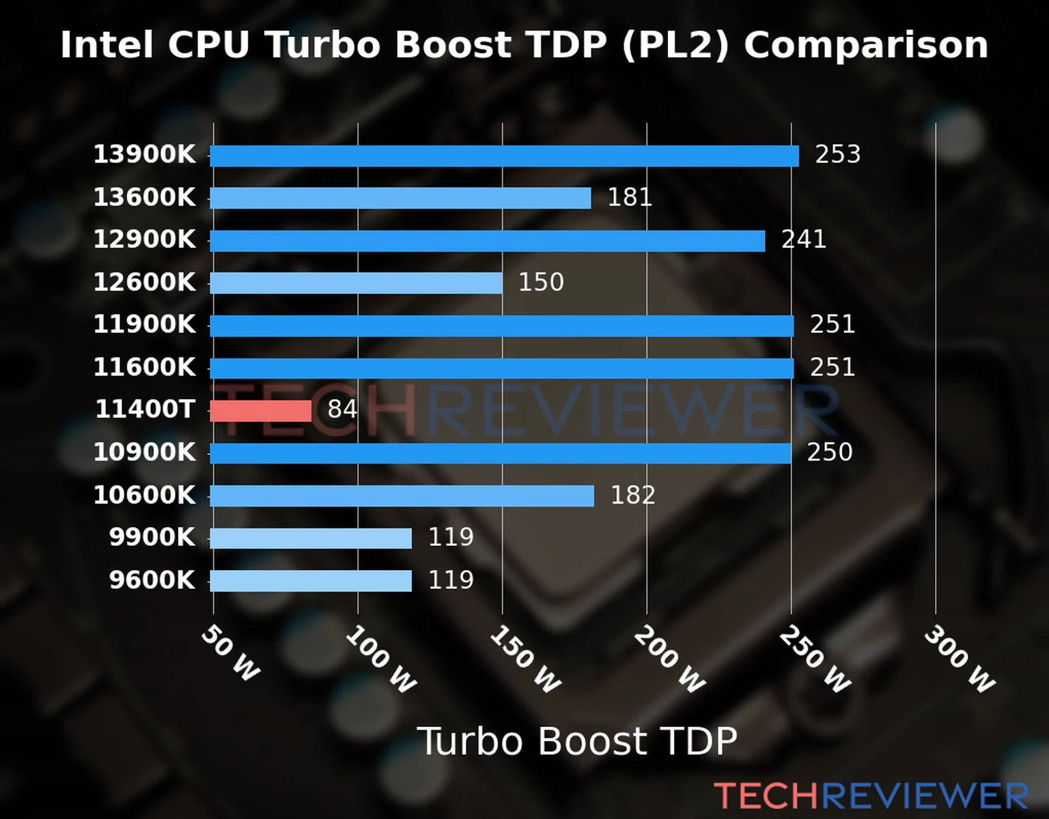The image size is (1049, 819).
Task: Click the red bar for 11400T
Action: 260,411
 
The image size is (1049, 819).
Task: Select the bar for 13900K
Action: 504,156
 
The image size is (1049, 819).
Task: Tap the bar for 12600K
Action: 356,283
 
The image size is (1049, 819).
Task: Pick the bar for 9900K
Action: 311,538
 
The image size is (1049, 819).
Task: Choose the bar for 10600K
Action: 402,496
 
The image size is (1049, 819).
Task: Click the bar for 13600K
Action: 400,198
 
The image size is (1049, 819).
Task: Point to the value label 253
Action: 837,154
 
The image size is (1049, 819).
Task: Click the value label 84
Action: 342,409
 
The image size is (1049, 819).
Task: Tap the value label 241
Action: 803,240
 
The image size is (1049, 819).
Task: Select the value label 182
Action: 632,495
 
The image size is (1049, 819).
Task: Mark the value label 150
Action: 541,282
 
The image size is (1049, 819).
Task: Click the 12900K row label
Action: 144,240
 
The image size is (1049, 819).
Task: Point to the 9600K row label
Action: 152,580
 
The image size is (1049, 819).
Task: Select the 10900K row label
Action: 144,452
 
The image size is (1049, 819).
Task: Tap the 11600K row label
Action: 144,367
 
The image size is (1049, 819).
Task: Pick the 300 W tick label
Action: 960,659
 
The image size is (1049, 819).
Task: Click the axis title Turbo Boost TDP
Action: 577,741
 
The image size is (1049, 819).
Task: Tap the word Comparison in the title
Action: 866,45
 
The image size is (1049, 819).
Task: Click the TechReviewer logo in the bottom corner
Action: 871,796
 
